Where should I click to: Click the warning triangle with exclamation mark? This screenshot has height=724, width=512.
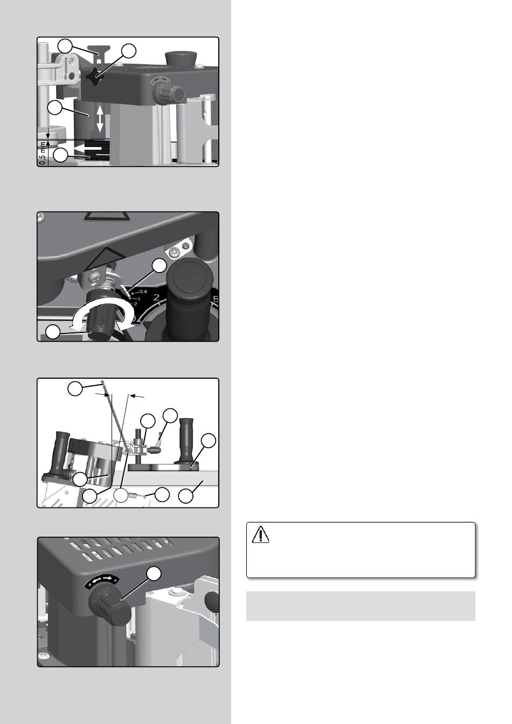(260, 534)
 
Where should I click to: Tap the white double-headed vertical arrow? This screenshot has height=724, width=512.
(100, 119)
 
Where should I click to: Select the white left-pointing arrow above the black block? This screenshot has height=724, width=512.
(87, 148)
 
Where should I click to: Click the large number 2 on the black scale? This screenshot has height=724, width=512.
(157, 297)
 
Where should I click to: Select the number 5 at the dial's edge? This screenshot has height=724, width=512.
(216, 300)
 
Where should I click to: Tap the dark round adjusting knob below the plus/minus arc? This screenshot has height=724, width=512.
(109, 606)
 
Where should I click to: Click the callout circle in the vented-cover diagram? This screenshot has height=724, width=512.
(154, 574)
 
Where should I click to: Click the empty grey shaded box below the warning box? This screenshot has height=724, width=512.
(361, 606)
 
